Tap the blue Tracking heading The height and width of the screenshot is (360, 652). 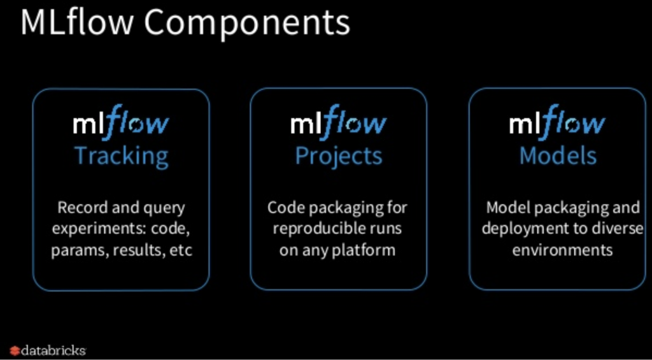pyautogui.click(x=121, y=155)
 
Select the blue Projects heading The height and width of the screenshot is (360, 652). pyautogui.click(x=338, y=155)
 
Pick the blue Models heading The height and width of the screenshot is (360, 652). pyautogui.click(x=558, y=155)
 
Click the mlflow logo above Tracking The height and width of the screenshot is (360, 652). pyautogui.click(x=121, y=123)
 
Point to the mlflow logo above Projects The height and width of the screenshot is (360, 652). pyautogui.click(x=338, y=123)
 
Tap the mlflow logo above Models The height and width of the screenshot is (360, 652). pyautogui.click(x=558, y=123)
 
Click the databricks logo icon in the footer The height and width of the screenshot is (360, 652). pyautogui.click(x=15, y=350)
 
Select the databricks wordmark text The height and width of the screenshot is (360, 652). pyautogui.click(x=53, y=350)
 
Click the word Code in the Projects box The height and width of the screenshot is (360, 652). pyautogui.click(x=283, y=207)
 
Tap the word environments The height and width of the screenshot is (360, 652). pyautogui.click(x=562, y=250)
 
